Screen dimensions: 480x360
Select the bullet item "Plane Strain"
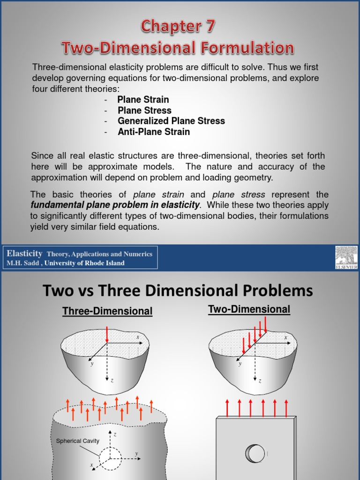(143, 100)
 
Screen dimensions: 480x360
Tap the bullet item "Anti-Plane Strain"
(154, 132)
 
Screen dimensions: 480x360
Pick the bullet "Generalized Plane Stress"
(171, 121)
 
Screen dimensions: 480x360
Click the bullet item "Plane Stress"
(144, 111)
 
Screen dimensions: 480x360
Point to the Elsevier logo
(346, 257)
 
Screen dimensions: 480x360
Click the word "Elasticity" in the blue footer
(24, 254)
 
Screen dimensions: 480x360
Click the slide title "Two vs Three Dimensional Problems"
(178, 291)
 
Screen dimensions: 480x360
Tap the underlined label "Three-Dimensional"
(107, 311)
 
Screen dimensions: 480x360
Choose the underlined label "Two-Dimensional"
(249, 309)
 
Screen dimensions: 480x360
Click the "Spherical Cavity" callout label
(77, 441)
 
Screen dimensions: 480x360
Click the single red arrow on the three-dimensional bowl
(107, 335)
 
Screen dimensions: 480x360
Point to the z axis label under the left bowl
(112, 380)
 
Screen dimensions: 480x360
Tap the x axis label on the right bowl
(285, 337)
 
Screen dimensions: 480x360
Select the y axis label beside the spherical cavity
(136, 453)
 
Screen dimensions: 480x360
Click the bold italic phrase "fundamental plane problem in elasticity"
(115, 205)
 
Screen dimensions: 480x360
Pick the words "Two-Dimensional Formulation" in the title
(178, 48)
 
